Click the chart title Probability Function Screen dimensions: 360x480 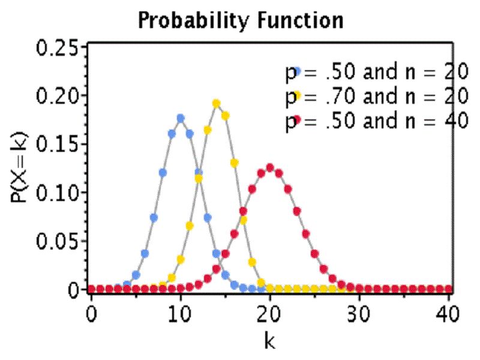(241, 20)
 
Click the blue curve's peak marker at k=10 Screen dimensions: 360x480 (181, 118)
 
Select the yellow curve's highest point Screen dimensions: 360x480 (217, 103)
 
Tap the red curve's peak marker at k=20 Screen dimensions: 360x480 (270, 167)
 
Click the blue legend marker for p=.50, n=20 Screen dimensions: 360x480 (296, 71)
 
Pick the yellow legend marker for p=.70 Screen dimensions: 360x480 (296, 95)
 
